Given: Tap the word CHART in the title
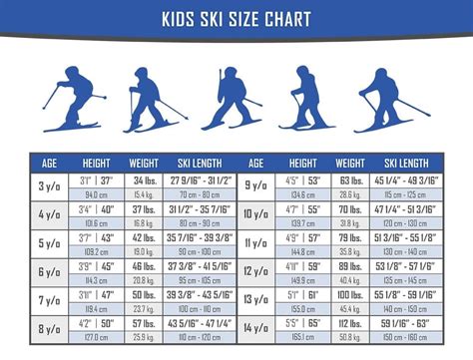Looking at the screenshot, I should [x=286, y=19].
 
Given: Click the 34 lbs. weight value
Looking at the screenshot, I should [x=144, y=180].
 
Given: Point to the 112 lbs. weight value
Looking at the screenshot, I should [x=350, y=324].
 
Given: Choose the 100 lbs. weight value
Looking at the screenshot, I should [x=350, y=295].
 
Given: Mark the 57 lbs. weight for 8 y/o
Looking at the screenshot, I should [x=144, y=324].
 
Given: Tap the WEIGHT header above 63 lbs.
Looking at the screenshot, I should [x=350, y=162].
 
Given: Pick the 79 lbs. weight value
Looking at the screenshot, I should [x=350, y=238].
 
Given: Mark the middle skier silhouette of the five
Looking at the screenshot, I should [x=236, y=100].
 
